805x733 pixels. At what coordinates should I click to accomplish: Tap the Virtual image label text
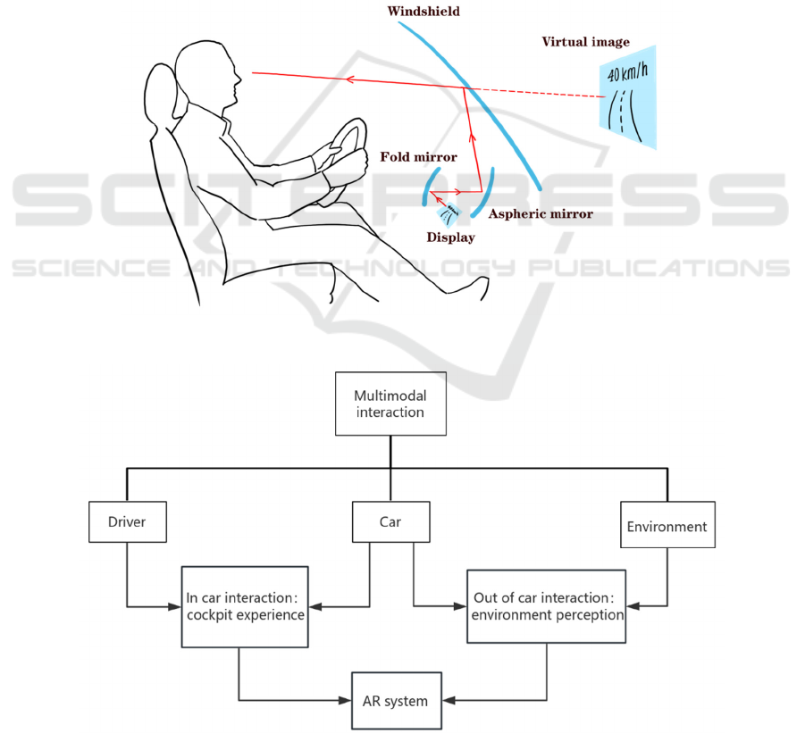point(585,42)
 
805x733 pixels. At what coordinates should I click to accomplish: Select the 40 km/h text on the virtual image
point(628,74)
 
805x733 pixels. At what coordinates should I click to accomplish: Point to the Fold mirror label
point(418,157)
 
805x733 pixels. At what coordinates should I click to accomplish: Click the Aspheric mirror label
point(540,214)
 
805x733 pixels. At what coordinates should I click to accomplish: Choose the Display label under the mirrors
point(450,237)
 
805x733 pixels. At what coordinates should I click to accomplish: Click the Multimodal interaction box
point(390,404)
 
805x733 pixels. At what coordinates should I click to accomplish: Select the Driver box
point(128,521)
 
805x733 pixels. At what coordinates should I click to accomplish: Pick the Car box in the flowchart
point(390,521)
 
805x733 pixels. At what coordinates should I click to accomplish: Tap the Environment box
point(667,527)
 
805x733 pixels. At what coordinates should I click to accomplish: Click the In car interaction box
point(245,606)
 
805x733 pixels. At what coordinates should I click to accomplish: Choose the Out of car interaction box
point(546,606)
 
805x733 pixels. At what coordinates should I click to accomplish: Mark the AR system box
point(395,701)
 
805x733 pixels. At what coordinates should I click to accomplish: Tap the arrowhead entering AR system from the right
point(446,701)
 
